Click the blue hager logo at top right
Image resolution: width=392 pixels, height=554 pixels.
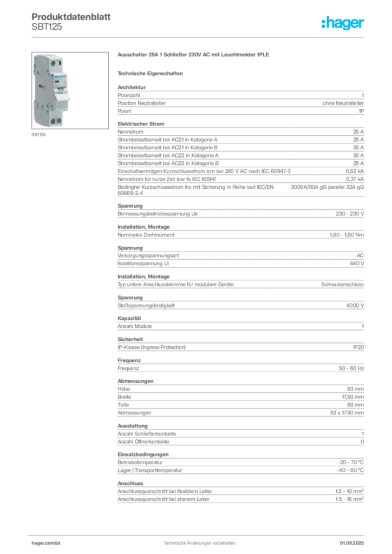(343, 24)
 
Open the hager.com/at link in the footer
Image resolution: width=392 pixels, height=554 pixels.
(45, 542)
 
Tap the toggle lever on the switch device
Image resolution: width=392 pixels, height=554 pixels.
(68, 96)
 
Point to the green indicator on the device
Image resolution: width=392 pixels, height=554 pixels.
(61, 89)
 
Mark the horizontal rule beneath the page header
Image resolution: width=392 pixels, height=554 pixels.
(199, 37)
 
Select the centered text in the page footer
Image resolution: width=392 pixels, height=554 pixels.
(199, 541)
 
